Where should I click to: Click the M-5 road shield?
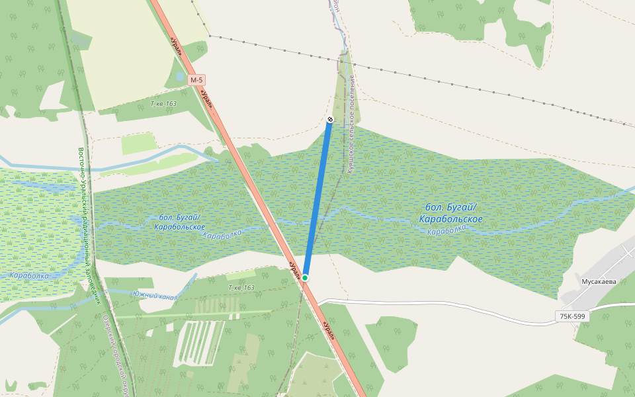[x=196, y=80]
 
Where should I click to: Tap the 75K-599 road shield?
[x=572, y=316]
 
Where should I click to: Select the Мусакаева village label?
[x=598, y=281]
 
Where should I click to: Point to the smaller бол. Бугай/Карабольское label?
[x=179, y=222]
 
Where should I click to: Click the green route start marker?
[x=305, y=277]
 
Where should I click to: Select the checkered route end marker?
[x=329, y=119]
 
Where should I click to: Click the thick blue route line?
[x=317, y=198]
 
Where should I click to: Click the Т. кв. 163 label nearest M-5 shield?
[x=163, y=104]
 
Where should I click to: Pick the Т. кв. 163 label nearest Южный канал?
[x=241, y=288]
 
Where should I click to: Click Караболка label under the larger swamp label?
[x=446, y=230]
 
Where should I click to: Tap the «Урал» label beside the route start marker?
[x=294, y=269]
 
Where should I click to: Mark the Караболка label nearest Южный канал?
[x=28, y=275]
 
